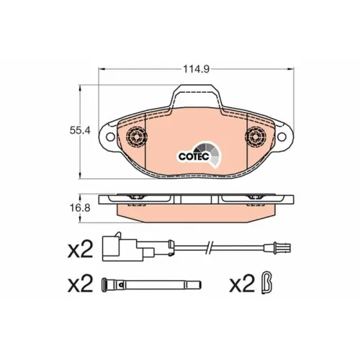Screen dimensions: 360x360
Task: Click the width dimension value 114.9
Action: pos(197,69)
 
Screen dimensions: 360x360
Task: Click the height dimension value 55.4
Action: pos(80,130)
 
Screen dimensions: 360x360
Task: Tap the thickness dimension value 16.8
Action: pos(80,208)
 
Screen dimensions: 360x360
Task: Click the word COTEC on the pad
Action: pos(194,156)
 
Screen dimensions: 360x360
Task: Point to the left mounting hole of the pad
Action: pos(110,137)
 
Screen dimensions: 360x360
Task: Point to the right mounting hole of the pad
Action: pos(282,137)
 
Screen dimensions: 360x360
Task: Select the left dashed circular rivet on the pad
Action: pos(136,137)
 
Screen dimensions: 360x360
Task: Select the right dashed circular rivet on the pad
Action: pos(256,137)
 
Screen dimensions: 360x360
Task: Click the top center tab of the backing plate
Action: pos(197,95)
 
